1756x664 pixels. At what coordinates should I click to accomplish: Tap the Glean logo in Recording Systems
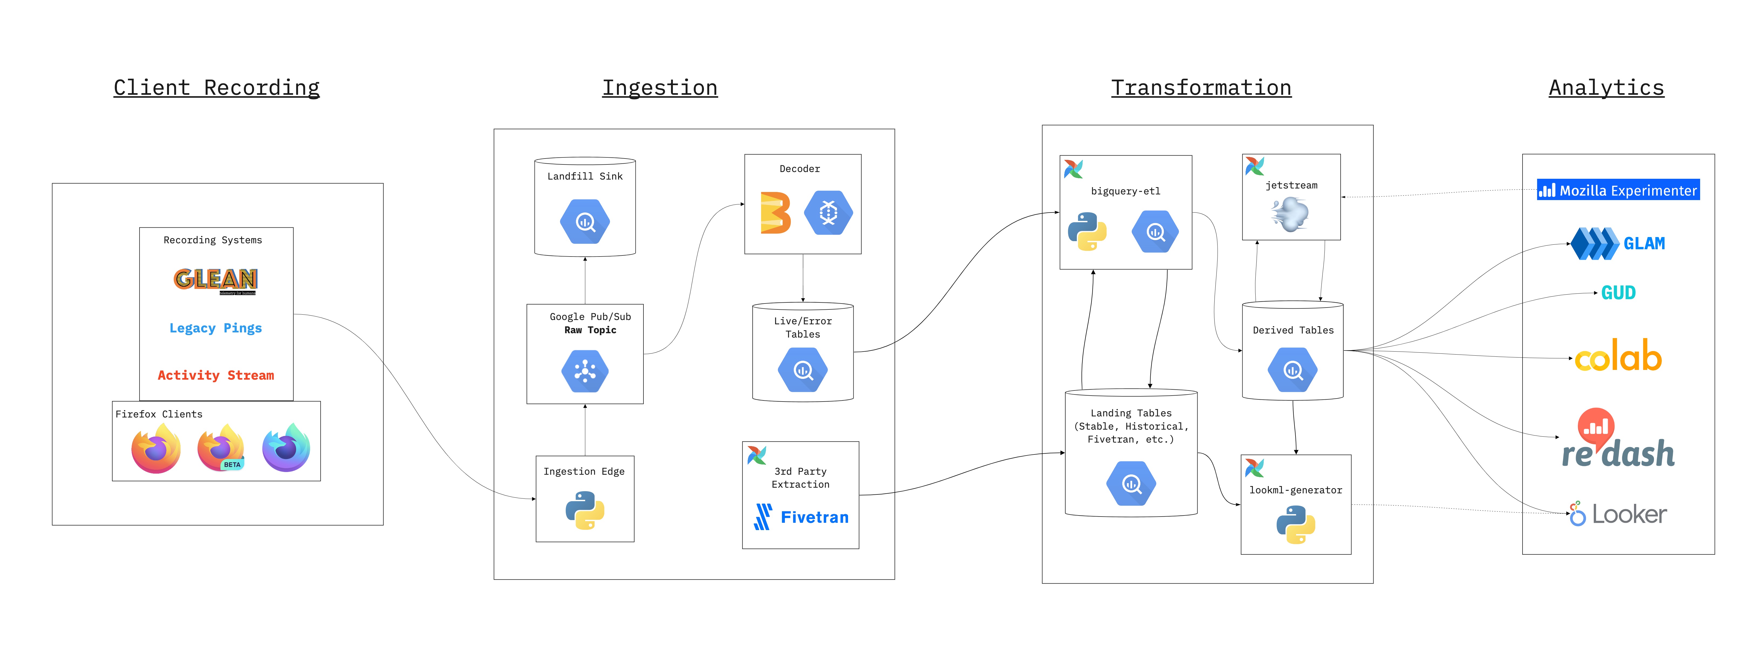215,279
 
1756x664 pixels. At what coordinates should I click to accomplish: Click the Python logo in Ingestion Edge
585,511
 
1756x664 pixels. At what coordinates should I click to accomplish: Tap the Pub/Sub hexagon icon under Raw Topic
585,371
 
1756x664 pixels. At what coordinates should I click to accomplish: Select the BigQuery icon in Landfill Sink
585,222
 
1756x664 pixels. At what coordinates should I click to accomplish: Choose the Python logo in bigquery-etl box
1087,232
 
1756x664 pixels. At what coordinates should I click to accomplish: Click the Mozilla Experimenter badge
1618,190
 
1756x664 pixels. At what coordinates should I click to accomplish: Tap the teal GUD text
1618,293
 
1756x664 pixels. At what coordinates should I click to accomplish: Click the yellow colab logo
1618,356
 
